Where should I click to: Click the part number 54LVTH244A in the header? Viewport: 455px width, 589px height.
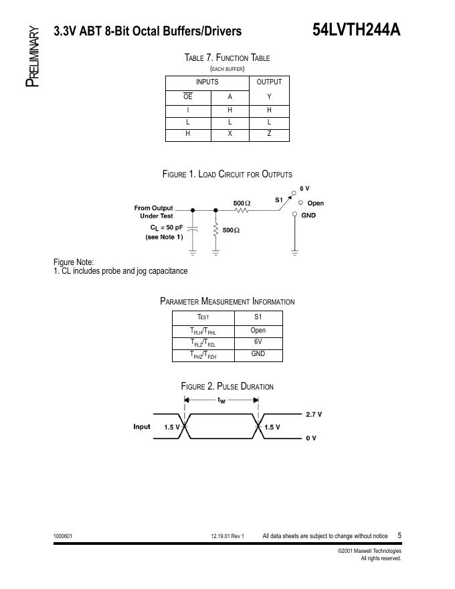pyautogui.click(x=356, y=31)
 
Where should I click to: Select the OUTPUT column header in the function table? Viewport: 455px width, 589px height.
pyautogui.click(x=269, y=82)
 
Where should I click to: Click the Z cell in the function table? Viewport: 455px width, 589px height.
pyautogui.click(x=269, y=134)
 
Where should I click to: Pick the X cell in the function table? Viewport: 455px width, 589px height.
pyautogui.click(x=230, y=134)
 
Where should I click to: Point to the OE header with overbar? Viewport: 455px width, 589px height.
pyautogui.click(x=188, y=96)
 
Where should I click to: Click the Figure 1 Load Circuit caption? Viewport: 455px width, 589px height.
pyautogui.click(x=227, y=174)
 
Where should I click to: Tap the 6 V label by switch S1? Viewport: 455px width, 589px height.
pyautogui.click(x=304, y=189)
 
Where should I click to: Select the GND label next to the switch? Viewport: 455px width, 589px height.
pyautogui.click(x=308, y=216)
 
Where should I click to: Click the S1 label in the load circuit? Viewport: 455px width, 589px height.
pyautogui.click(x=279, y=199)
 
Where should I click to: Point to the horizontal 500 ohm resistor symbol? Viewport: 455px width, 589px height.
pyautogui.click(x=242, y=210)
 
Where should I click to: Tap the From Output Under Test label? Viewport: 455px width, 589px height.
pyautogui.click(x=153, y=212)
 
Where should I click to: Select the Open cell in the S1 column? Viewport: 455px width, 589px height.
pyautogui.click(x=258, y=331)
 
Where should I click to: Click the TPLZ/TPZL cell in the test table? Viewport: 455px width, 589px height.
pyautogui.click(x=203, y=343)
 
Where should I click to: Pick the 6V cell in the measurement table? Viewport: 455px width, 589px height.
pyautogui.click(x=258, y=342)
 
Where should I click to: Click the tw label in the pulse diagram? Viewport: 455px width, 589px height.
pyautogui.click(x=221, y=400)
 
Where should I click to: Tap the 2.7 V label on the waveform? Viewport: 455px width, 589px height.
pyautogui.click(x=314, y=414)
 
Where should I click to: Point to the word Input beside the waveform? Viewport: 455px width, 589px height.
pyautogui.click(x=142, y=426)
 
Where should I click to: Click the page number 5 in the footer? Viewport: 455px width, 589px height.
pyautogui.click(x=399, y=535)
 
